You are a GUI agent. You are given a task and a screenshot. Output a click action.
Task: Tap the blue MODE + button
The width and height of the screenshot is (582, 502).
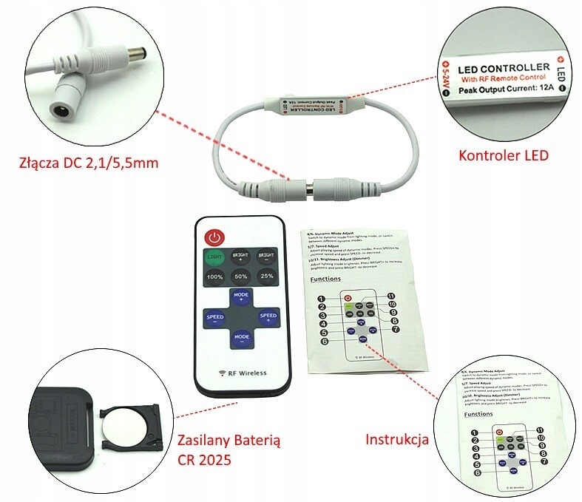click(x=240, y=299)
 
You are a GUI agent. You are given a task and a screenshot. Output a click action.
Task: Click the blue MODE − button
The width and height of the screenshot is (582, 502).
click(x=240, y=339)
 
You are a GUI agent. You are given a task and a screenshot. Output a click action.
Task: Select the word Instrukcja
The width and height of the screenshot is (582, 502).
click(x=397, y=440)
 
